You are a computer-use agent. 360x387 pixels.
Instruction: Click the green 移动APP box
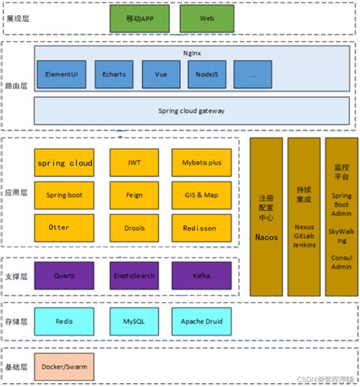coord(139,17)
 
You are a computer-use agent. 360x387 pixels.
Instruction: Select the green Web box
coord(207,17)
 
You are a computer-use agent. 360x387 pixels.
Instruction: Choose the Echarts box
coord(113,74)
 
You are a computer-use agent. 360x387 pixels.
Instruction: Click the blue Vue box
coord(160,74)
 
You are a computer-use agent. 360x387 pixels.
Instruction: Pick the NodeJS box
coord(207,74)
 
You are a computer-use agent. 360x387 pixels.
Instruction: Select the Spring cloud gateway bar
coord(191,111)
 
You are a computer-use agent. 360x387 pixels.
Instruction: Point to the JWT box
coord(134,162)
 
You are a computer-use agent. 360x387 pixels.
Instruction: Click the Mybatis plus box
coord(200,162)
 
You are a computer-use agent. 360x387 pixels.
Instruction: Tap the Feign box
coord(134,195)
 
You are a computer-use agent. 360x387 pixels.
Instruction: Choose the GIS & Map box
coord(200,195)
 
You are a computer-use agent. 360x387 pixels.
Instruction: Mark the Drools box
coord(134,228)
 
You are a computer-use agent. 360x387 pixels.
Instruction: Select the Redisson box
coord(200,228)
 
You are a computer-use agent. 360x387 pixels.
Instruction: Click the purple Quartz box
coord(65,275)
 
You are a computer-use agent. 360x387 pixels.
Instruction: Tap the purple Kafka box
coord(200,275)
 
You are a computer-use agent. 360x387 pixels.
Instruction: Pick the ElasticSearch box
coord(134,275)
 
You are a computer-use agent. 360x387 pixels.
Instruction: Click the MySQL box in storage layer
coord(134,321)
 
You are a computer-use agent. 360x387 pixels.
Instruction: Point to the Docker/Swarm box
coord(65,367)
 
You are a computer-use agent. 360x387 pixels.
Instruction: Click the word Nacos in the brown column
coord(266,238)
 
